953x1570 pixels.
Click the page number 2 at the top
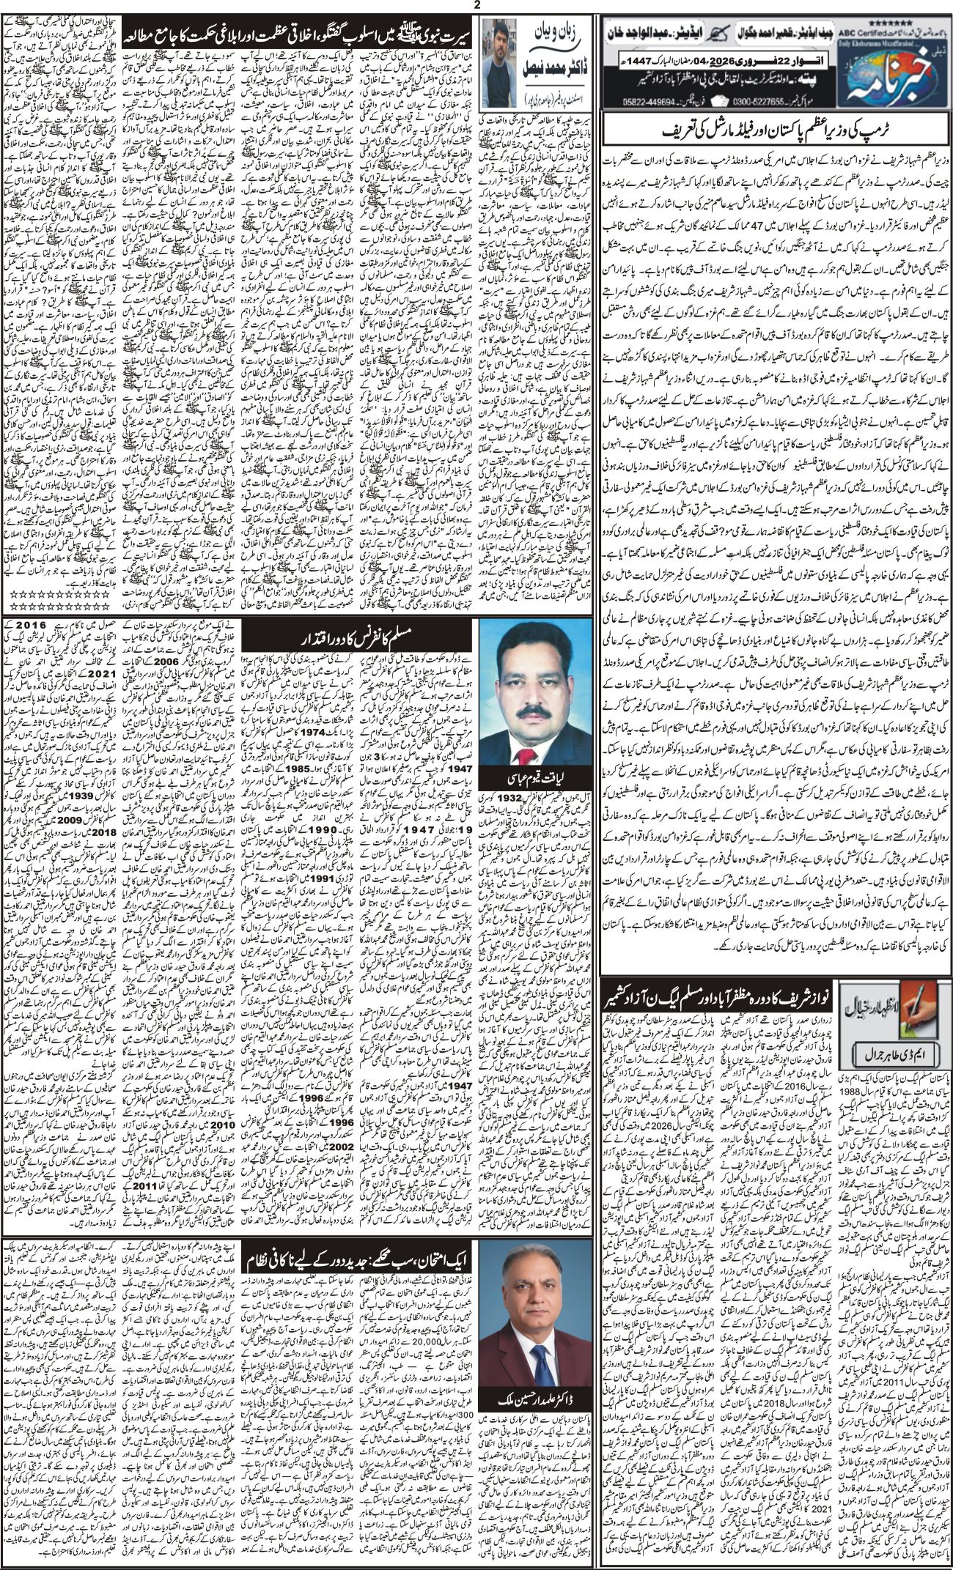tap(476, 6)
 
